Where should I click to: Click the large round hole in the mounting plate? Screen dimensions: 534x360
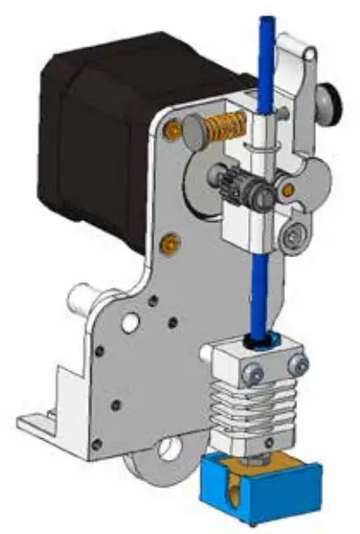pos(131,320)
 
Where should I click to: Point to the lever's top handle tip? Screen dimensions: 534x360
pos(296,45)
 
